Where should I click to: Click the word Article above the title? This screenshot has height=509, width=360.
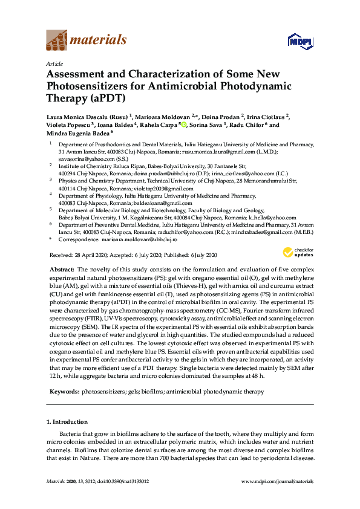[x=54, y=63]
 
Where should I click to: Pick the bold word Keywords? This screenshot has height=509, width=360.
[x=63, y=392]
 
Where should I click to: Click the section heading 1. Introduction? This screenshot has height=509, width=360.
[x=67, y=421]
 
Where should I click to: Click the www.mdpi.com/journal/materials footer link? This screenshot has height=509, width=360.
[x=278, y=481]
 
